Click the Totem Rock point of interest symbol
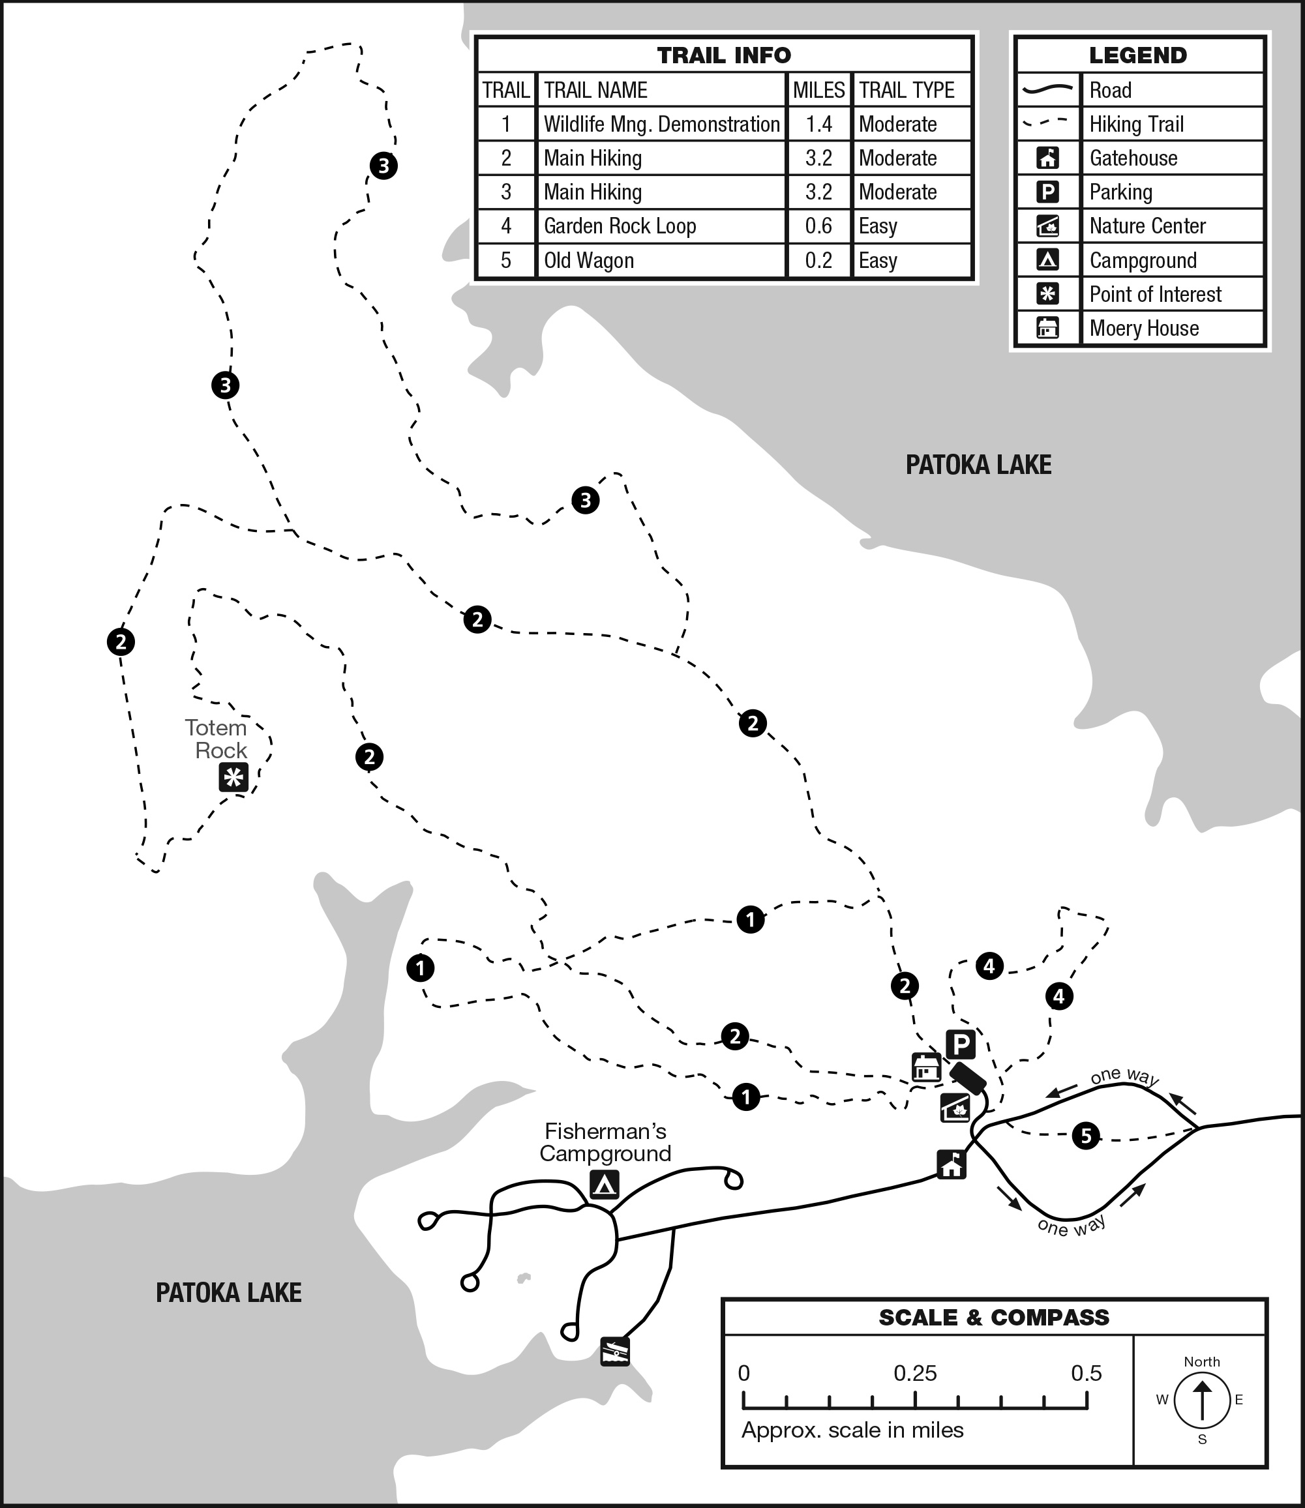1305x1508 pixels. [233, 778]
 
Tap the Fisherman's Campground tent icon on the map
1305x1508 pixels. [604, 1185]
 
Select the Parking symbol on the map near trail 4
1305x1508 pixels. [961, 1045]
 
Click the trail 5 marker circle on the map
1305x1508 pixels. [1086, 1135]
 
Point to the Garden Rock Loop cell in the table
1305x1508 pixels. [620, 226]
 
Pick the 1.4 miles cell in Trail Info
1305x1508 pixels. [818, 125]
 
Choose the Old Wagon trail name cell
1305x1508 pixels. [588, 261]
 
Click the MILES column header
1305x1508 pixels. [818, 90]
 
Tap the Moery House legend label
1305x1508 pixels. [1143, 329]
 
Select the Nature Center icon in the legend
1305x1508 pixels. [1047, 226]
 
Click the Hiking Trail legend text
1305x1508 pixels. [1136, 125]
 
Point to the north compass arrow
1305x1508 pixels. [1201, 1400]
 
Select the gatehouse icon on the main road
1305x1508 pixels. [952, 1164]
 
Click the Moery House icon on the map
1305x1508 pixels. [926, 1067]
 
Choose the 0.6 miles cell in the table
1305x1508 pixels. [818, 226]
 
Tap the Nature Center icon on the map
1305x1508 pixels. [955, 1108]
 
